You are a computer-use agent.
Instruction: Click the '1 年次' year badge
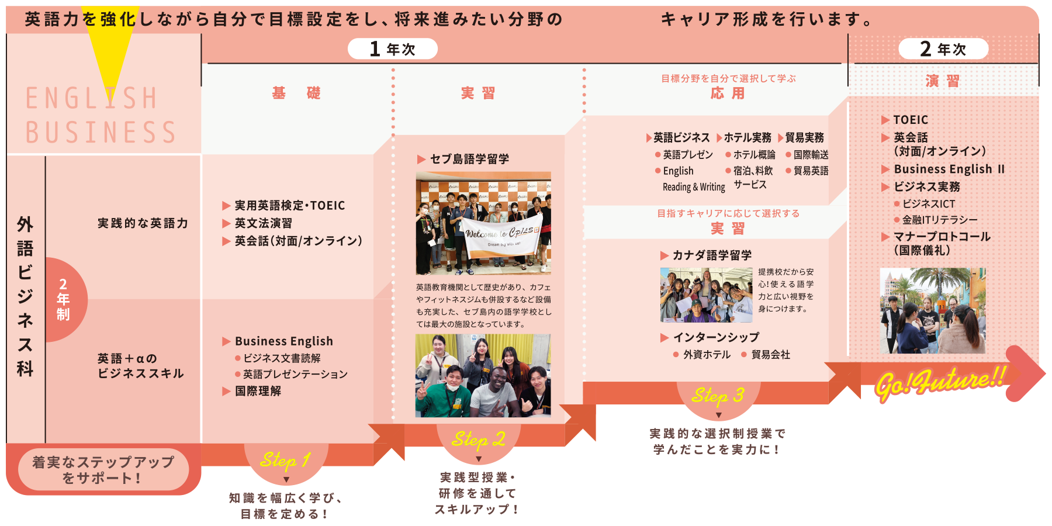[393, 49]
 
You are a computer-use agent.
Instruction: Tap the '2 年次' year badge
[943, 49]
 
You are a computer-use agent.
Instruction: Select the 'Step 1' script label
[286, 461]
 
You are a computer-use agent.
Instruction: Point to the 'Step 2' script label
[479, 439]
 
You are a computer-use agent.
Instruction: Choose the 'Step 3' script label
[718, 396]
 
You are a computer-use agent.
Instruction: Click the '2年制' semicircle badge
[66, 299]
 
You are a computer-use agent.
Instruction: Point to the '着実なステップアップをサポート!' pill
[103, 470]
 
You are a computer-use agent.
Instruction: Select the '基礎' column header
[296, 93]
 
